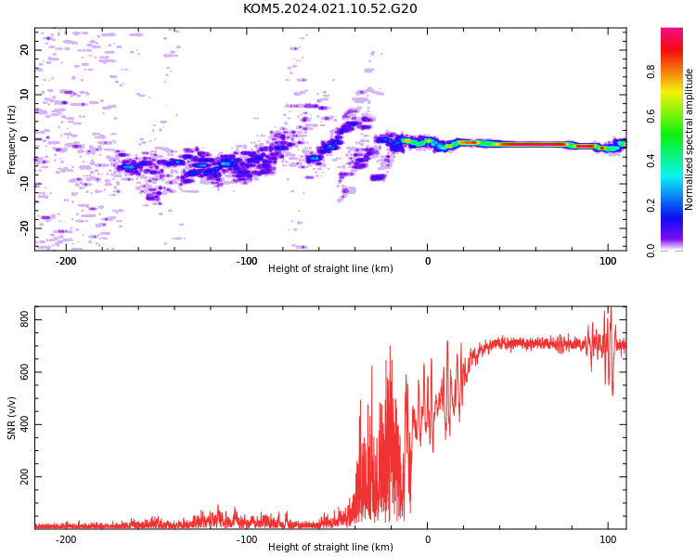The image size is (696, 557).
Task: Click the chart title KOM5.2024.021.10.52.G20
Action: click(329, 8)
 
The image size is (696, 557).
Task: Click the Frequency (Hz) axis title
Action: click(11, 139)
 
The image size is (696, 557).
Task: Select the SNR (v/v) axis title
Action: click(11, 418)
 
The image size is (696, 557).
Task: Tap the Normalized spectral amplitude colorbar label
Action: click(689, 139)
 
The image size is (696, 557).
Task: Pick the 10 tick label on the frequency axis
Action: click(24, 94)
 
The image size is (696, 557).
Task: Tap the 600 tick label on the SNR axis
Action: click(24, 372)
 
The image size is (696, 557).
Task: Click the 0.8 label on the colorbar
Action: click(651, 71)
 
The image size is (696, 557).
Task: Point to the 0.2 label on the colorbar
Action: click(651, 206)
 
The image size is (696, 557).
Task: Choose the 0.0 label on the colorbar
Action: click(651, 251)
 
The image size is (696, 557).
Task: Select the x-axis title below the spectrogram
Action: click(330, 268)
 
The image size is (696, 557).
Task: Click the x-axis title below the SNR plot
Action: click(330, 547)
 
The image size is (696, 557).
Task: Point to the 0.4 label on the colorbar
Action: click(651, 161)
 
